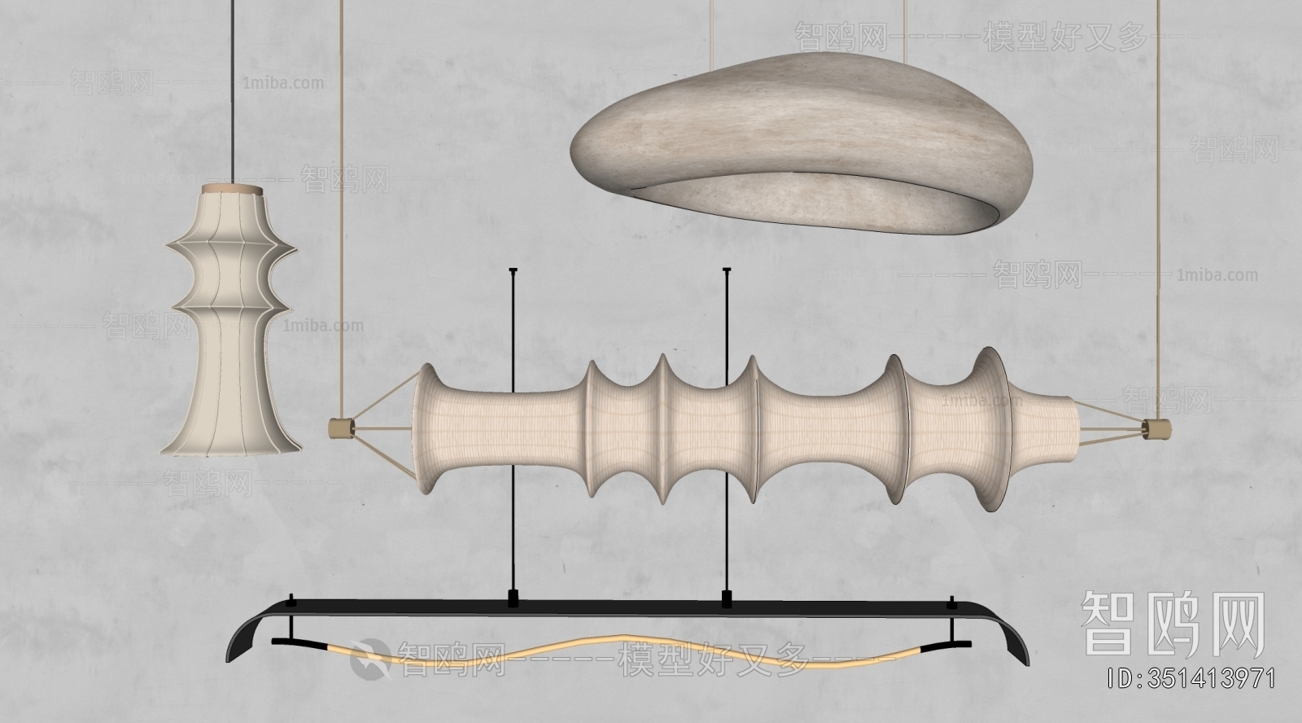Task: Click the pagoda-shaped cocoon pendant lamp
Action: (232, 326)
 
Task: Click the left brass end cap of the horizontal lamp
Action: (336, 427)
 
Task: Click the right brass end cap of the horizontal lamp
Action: (1155, 428)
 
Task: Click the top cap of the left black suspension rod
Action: (513, 269)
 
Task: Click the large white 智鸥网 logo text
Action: (1172, 624)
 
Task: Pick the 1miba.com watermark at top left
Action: (282, 83)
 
